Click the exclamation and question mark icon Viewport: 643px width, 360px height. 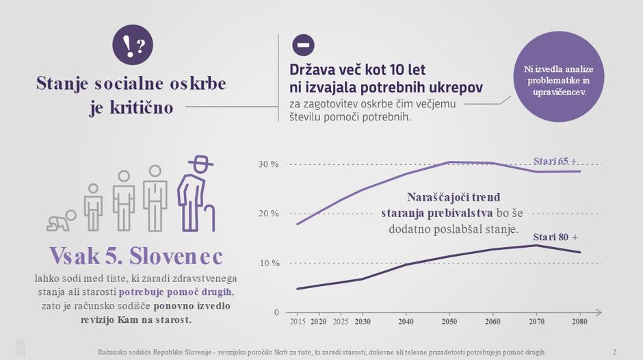[132, 46]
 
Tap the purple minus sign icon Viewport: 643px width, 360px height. [303, 45]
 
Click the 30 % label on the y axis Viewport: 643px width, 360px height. [268, 165]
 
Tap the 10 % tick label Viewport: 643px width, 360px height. [268, 263]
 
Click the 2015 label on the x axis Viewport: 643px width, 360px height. [298, 321]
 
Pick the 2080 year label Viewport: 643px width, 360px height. [580, 321]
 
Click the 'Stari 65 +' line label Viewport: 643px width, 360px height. [555, 162]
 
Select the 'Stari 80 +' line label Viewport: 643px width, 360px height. [555, 237]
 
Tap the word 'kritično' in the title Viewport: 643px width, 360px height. [142, 107]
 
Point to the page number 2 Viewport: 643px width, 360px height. [614, 352]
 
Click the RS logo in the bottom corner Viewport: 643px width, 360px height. [21, 348]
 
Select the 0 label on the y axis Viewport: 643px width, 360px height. [276, 312]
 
